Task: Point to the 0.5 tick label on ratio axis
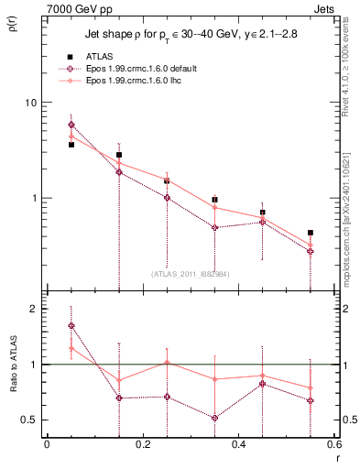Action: pos(28,420)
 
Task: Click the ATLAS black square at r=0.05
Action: pos(71,145)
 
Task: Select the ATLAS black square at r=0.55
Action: pos(311,233)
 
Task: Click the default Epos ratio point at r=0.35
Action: pos(214,418)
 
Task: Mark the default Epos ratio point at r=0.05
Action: pos(71,325)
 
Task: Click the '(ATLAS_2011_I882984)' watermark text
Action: pos(190,273)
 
